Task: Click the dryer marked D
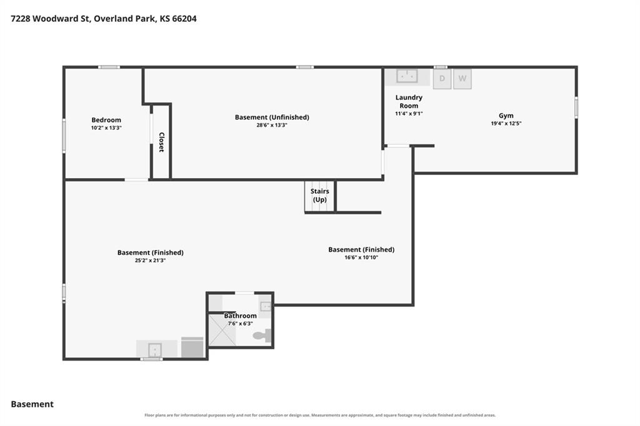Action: pos(442,79)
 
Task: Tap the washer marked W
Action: pos(462,79)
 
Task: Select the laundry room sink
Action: pos(407,76)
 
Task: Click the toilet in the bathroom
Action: pos(262,335)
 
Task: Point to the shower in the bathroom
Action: pos(222,330)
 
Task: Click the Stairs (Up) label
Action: pos(319,196)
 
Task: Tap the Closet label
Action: pos(161,142)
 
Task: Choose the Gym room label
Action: pos(506,116)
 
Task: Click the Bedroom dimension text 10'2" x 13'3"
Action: pos(106,127)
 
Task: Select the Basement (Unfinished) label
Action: pos(272,117)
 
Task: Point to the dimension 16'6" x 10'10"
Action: pos(361,257)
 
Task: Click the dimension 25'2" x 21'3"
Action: pos(150,260)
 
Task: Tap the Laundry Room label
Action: pos(409,102)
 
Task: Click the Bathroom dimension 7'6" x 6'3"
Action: pos(241,324)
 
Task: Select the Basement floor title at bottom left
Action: pos(32,404)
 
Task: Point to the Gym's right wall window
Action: pos(576,107)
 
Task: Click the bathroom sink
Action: pos(265,306)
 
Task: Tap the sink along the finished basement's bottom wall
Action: pos(155,350)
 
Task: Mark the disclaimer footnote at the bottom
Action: pos(320,415)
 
